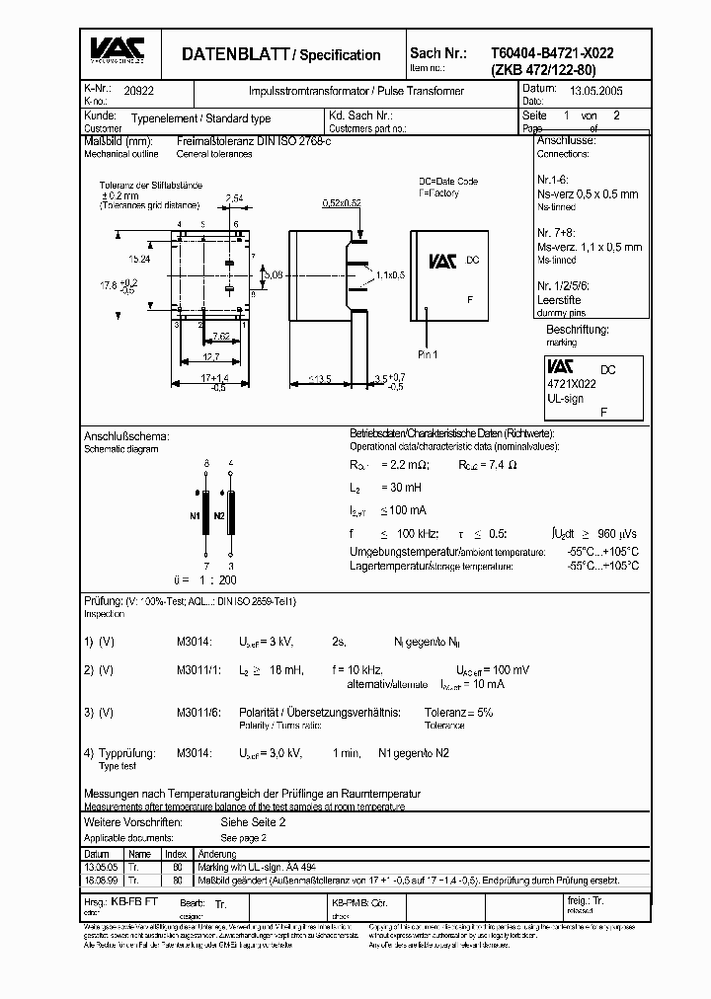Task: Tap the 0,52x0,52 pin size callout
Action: coord(342,201)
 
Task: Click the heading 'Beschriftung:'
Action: coord(577,329)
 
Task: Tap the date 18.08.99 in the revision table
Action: coord(98,879)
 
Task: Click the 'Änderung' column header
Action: coord(216,854)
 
